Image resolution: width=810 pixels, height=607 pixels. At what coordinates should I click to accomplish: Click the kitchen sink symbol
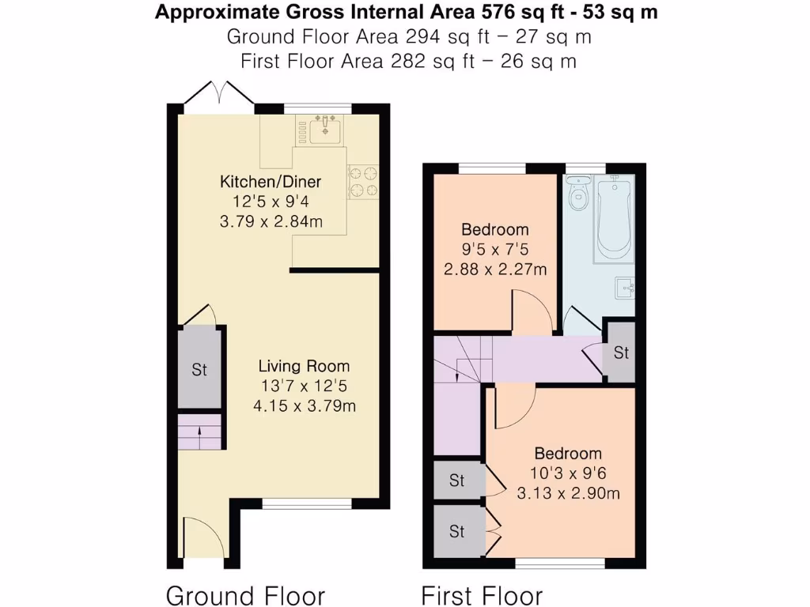tap(325, 129)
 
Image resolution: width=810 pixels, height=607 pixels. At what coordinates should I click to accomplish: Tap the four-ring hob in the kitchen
tap(363, 180)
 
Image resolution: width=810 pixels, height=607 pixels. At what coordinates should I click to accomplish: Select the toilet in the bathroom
tap(580, 193)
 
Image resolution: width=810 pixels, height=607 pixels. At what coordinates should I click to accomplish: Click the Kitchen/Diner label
tap(271, 183)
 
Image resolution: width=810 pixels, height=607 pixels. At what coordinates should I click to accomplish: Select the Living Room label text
tap(304, 367)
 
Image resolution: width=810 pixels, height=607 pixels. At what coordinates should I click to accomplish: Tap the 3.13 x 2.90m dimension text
tap(567, 493)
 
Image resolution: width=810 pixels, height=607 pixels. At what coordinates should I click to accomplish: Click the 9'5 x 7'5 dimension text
tap(495, 250)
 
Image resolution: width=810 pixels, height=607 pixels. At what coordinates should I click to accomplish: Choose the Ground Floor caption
tap(245, 594)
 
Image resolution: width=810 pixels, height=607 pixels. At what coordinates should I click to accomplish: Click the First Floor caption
tap(482, 594)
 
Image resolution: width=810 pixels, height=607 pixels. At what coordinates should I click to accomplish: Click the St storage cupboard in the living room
tap(199, 369)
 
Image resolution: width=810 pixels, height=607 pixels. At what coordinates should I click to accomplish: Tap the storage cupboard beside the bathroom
tap(621, 353)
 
